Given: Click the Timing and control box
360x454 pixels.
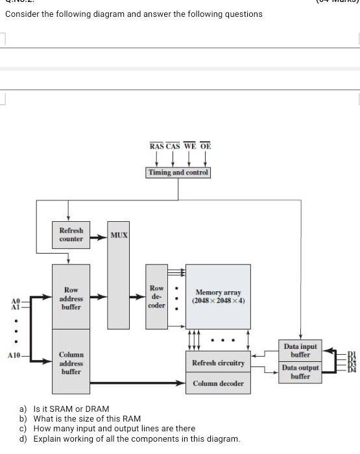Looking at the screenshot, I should click(178, 173).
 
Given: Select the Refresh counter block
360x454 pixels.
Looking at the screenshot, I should click(71, 235).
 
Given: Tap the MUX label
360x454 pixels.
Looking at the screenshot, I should click(118, 234).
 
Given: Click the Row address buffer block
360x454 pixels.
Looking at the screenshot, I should click(71, 298).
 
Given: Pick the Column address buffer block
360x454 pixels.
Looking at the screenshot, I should click(71, 363).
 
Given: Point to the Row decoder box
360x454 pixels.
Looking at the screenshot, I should click(157, 296).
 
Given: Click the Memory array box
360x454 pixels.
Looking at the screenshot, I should click(218, 296).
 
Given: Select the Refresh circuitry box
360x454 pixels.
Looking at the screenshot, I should click(218, 363).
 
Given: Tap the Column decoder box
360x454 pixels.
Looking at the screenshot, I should click(218, 384).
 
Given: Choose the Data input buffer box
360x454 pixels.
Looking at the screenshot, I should click(300, 351).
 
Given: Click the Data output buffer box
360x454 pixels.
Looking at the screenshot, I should click(300, 372).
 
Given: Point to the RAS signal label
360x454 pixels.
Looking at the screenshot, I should click(156, 147).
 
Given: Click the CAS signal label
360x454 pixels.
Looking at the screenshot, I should click(173, 147).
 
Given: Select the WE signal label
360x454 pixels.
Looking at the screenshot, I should click(189, 147).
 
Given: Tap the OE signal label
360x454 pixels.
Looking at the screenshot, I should click(205, 147).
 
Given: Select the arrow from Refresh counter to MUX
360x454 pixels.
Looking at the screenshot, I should click(97, 238).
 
